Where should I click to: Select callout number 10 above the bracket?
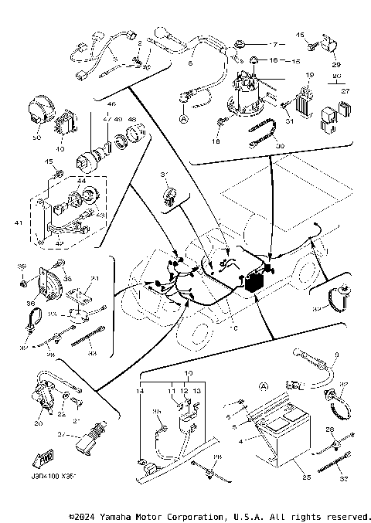coord(187,373)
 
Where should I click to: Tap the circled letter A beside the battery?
coord(264,385)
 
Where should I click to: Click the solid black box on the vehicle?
coord(253,283)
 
